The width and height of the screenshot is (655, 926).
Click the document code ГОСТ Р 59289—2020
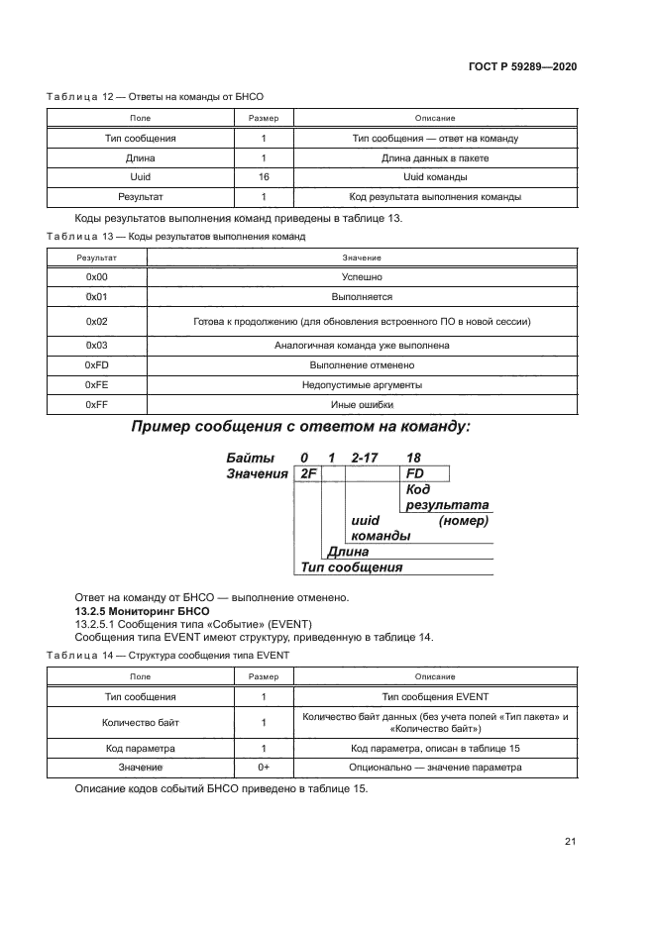522,66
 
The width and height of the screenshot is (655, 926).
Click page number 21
570,842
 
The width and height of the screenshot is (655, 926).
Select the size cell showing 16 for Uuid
264,177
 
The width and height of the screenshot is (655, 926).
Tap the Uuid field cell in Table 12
141,177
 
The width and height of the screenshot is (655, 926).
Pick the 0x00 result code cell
96,277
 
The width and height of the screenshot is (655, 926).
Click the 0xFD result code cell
96,364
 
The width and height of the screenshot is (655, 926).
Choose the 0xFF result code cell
96,404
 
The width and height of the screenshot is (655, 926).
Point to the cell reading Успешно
362,277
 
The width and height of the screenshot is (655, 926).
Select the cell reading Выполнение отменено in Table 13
362,364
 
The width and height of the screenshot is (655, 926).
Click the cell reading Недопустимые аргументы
362,384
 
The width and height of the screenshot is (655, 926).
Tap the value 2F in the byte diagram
307,474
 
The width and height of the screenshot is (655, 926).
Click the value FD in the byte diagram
415,474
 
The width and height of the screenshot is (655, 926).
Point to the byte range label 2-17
367,458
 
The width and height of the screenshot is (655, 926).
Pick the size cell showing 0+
264,768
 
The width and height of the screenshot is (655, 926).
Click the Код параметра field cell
141,749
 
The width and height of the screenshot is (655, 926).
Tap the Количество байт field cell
141,723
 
